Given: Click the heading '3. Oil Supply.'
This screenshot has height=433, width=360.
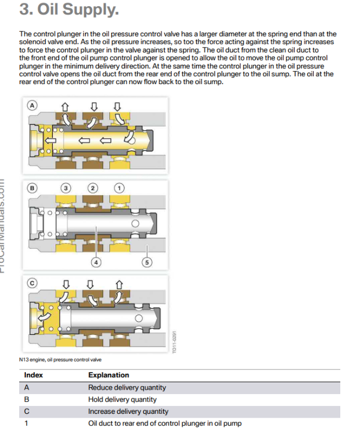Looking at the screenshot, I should [69, 10].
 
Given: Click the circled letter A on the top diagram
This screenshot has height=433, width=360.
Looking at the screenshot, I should [33, 105].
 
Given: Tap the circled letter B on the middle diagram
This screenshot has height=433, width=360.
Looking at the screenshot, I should [33, 188].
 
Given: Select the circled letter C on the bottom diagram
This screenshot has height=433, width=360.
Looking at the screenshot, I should [33, 283].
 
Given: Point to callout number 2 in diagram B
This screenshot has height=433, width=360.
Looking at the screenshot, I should [93, 188].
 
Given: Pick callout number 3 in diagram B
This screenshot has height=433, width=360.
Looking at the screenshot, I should [66, 188].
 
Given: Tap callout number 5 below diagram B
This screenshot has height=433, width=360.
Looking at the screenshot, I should [148, 262].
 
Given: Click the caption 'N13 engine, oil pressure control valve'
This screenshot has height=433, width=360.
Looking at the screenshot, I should [60, 359].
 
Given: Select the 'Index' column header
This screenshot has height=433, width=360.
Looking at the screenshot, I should [33, 375].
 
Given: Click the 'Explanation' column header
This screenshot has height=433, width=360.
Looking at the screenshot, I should [109, 375].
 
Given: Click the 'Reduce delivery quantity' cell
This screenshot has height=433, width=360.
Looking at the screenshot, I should [127, 387].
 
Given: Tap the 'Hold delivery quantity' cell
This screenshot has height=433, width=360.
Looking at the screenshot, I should [122, 400].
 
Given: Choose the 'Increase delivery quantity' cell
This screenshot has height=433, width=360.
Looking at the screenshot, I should [128, 412].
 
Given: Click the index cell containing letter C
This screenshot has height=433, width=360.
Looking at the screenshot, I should [26, 412].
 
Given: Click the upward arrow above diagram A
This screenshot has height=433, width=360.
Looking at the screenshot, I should [65, 105].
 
